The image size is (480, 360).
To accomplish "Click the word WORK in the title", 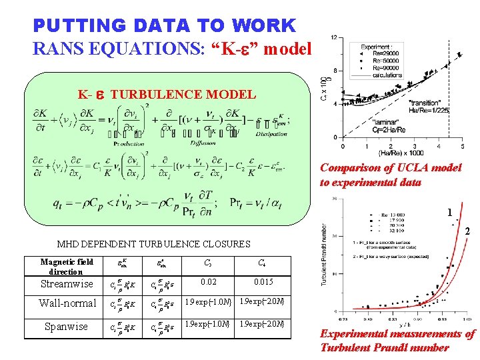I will pos(265,26).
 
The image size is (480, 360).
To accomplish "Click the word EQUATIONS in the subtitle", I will pos(126,48).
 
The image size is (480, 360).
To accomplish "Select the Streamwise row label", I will pos(67,284).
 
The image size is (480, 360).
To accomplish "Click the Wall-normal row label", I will pos(67,303).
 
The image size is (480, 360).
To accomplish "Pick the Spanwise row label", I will pos(66,327).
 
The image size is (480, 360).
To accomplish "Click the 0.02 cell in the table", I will pos(209,282).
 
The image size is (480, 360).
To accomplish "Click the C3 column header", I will pos(209,263).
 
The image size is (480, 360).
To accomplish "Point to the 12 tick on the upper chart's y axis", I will pos(333,37).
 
